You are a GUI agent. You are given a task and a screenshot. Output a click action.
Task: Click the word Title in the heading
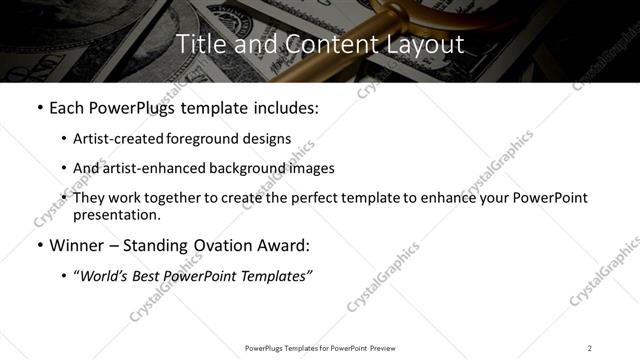[199, 44]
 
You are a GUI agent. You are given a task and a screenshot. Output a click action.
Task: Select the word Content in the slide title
[318, 44]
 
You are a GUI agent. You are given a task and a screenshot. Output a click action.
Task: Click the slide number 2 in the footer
[590, 347]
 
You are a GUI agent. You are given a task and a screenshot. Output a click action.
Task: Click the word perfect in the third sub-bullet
[316, 198]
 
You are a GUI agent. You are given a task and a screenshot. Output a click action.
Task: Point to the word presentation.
[116, 214]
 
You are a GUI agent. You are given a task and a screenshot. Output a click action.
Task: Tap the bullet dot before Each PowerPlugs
[39, 107]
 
